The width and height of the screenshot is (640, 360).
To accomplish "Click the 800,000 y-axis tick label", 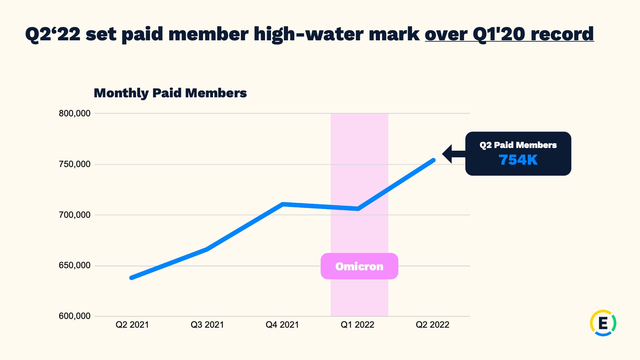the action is [75, 113].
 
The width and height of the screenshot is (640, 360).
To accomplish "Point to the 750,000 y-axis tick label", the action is [75, 164].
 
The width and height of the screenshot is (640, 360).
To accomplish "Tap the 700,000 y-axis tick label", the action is [75, 215].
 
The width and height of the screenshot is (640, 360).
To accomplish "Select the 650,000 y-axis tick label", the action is [75, 265].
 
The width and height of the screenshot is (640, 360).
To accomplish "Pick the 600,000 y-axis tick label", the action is [75, 316].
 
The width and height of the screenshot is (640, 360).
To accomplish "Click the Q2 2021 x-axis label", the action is [132, 325].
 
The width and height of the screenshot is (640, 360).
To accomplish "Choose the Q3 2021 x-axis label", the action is [207, 325].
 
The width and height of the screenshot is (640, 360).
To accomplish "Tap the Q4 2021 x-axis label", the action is [282, 325].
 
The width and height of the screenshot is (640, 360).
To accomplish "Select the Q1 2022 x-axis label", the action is [357, 325].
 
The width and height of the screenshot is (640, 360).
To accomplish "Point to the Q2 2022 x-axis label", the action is [432, 325].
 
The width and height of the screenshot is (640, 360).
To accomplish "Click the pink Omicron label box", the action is [359, 266].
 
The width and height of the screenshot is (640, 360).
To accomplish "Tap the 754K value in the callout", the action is [518, 160].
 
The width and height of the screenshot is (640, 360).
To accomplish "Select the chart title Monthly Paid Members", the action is [170, 93].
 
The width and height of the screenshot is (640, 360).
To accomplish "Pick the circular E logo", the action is [603, 323].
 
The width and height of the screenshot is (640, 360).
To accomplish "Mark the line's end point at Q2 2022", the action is [434, 160].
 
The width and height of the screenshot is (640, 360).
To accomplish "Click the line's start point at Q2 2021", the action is [132, 278].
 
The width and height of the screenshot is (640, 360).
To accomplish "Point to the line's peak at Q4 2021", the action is [282, 204].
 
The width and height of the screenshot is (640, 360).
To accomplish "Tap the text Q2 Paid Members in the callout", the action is [518, 145].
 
